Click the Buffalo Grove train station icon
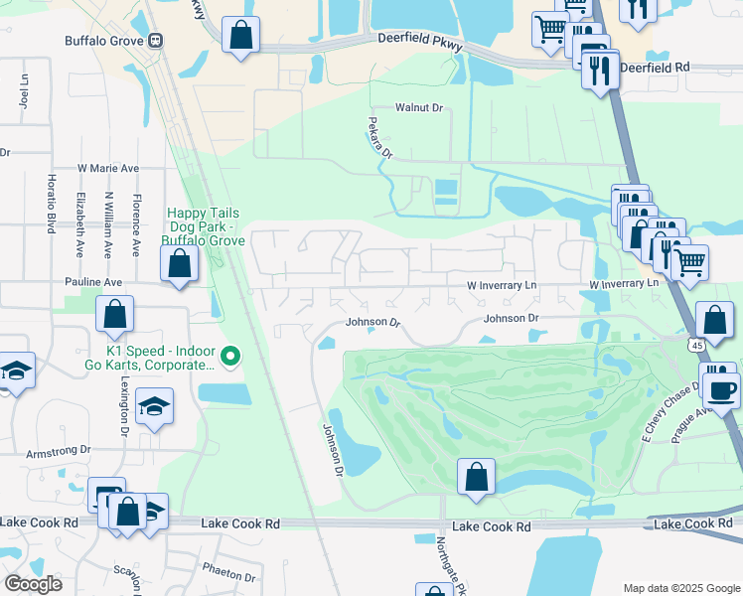tap(156, 42)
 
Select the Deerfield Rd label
tap(654, 68)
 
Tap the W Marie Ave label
tap(107, 169)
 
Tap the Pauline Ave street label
tap(93, 283)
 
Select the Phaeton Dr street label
tap(229, 574)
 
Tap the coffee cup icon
tap(721, 389)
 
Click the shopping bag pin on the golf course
tap(477, 477)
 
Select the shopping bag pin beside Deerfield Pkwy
tap(241, 36)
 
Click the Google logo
tap(33, 584)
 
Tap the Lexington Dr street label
tap(125, 407)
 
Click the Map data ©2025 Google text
tap(679, 588)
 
